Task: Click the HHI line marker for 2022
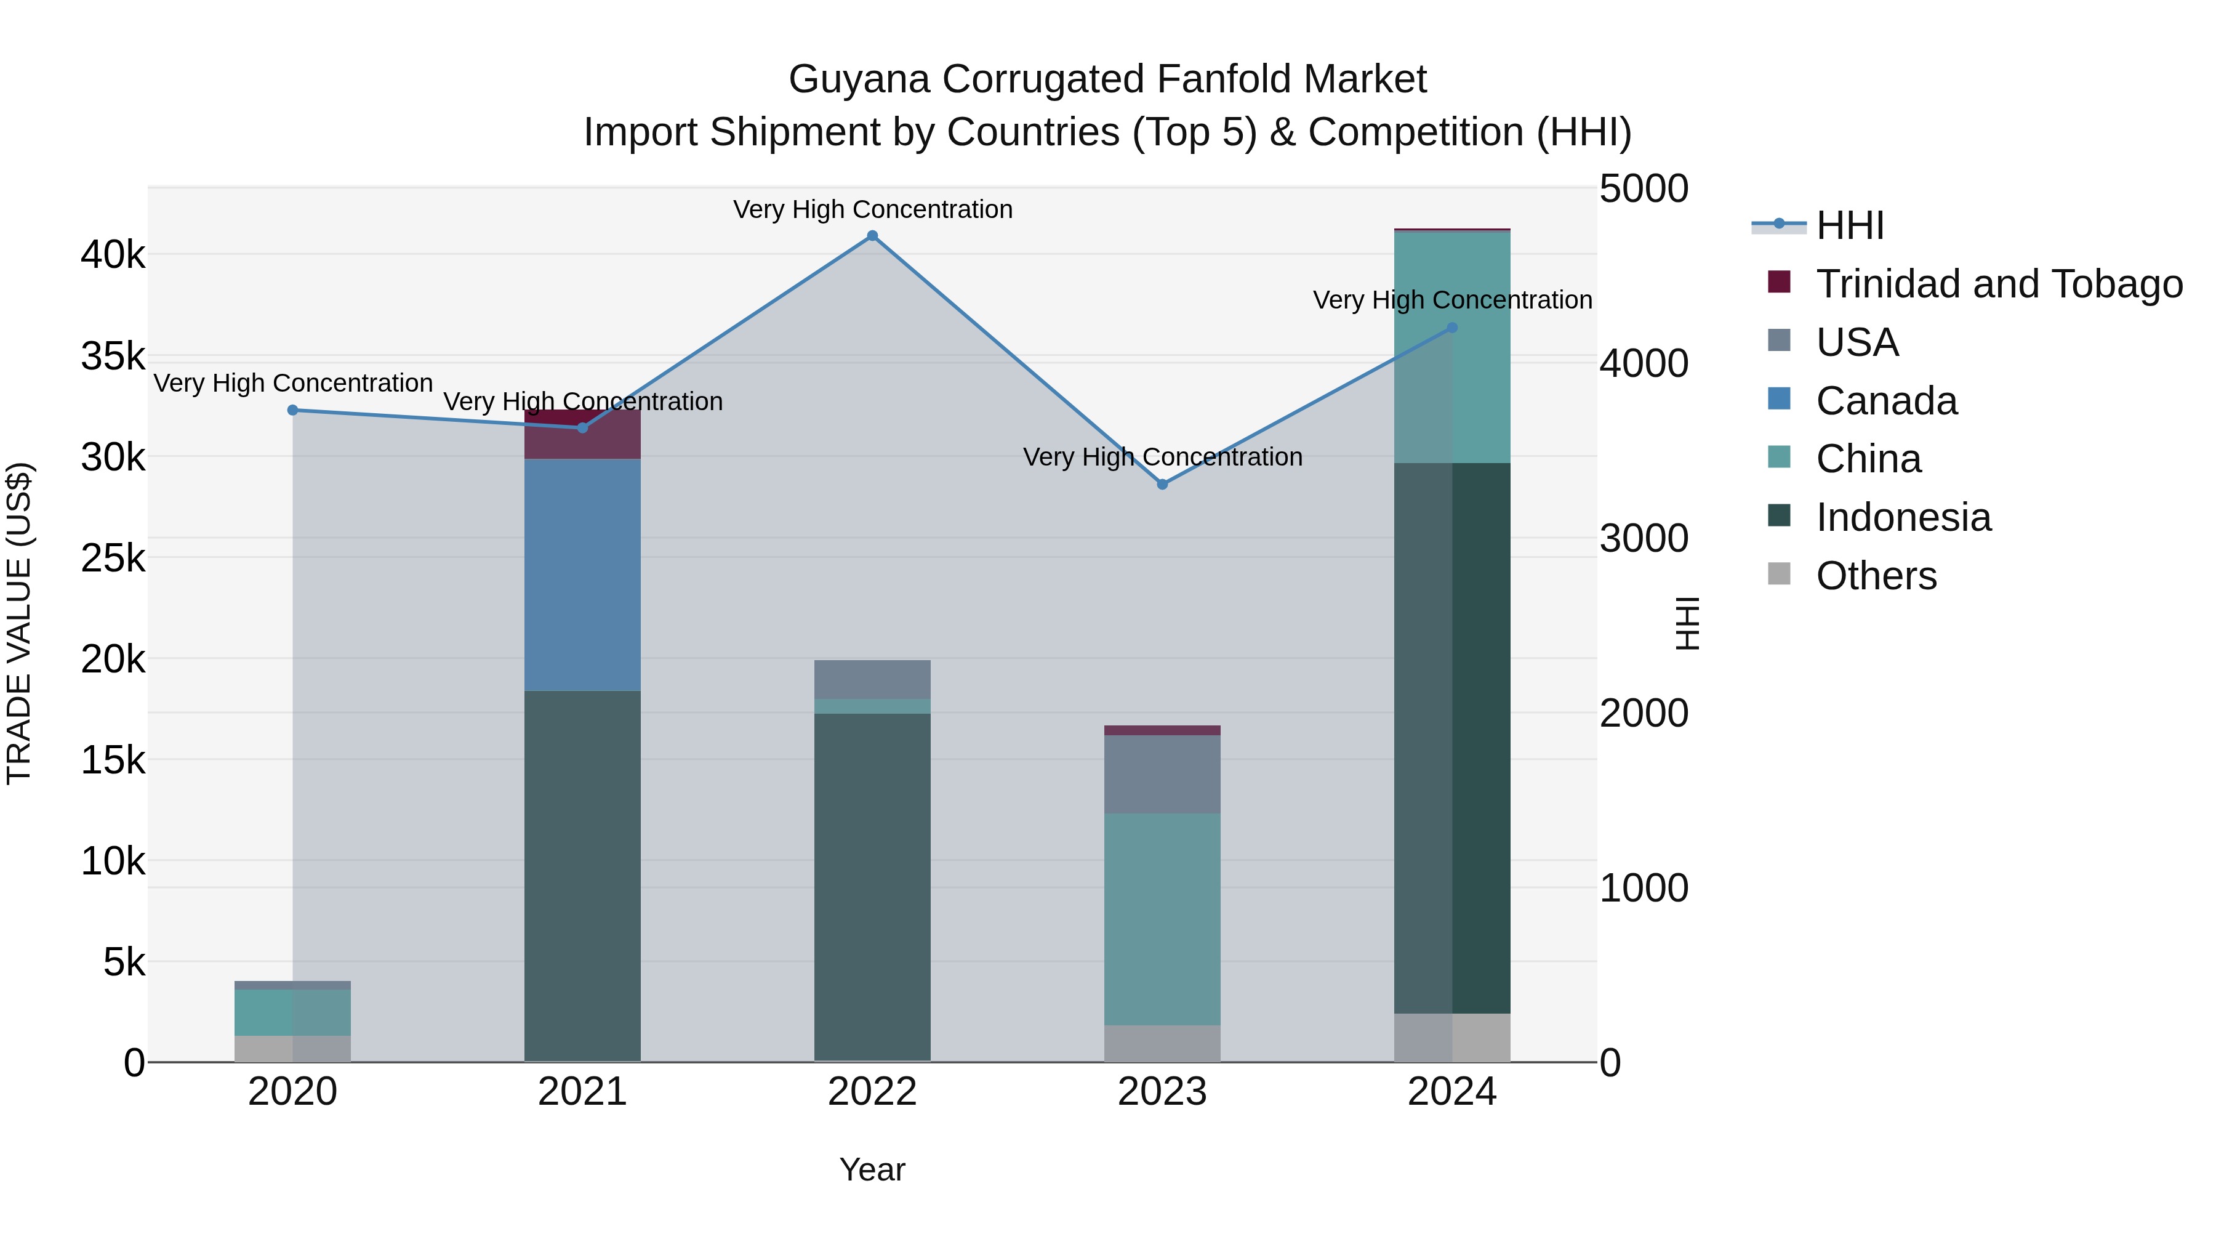[872, 236]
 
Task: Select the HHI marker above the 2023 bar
[1162, 485]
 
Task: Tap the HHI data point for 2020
[292, 411]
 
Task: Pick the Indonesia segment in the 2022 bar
[872, 886]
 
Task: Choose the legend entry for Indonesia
[1903, 517]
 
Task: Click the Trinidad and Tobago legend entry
[1998, 284]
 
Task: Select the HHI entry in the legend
[1850, 225]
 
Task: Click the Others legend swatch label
[1876, 576]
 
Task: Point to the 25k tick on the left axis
[113, 559]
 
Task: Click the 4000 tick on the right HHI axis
[1643, 363]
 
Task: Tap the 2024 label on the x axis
[1452, 1092]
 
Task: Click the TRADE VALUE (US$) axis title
[20, 623]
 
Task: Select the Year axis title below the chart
[872, 1169]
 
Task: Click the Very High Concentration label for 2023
[1162, 457]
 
